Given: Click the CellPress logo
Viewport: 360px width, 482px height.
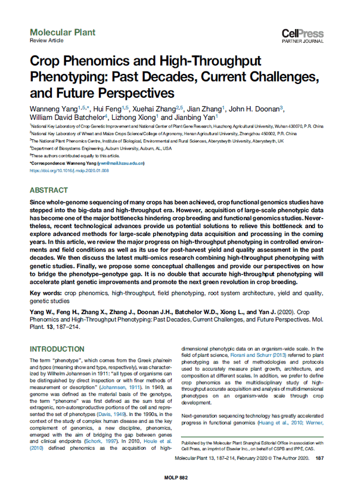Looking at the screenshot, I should point(308,35).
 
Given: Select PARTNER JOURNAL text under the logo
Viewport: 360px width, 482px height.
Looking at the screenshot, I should point(308,43).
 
